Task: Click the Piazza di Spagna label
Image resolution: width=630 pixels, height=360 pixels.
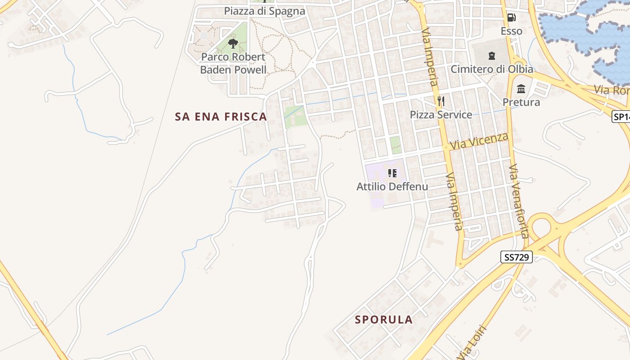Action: (x=265, y=11)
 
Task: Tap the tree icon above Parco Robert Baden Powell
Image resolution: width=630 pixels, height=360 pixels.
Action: (x=233, y=44)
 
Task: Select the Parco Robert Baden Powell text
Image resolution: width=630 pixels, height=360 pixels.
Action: (x=233, y=63)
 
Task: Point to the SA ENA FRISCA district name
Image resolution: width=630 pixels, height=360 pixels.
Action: (x=221, y=117)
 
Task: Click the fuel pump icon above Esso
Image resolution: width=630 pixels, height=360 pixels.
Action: (x=511, y=18)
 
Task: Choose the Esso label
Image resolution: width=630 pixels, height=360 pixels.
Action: (x=512, y=31)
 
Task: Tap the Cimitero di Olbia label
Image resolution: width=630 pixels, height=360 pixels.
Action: (x=492, y=69)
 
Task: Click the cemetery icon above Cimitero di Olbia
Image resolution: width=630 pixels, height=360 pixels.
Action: (x=491, y=56)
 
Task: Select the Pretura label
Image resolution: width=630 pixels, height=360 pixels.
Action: (x=521, y=102)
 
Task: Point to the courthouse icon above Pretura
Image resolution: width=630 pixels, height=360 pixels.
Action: (x=521, y=89)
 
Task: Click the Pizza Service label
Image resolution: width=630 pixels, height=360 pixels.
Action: (x=441, y=115)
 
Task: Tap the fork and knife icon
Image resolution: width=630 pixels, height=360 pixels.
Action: (x=441, y=101)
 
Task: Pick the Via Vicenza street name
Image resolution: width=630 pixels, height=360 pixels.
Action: (x=479, y=141)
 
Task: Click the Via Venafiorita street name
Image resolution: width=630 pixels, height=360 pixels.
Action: (x=518, y=201)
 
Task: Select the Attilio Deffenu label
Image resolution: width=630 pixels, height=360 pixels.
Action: (x=392, y=186)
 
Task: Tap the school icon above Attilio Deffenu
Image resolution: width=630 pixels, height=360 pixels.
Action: (x=392, y=173)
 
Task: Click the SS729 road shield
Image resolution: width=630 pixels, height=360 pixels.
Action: (x=516, y=257)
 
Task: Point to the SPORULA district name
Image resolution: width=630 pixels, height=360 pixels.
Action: (x=384, y=320)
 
